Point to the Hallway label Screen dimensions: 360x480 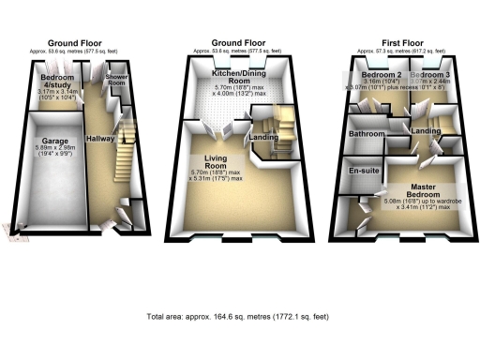100,138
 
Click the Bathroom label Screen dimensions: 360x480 367,135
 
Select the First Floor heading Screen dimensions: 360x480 405,42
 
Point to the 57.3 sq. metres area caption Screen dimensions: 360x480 405,51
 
